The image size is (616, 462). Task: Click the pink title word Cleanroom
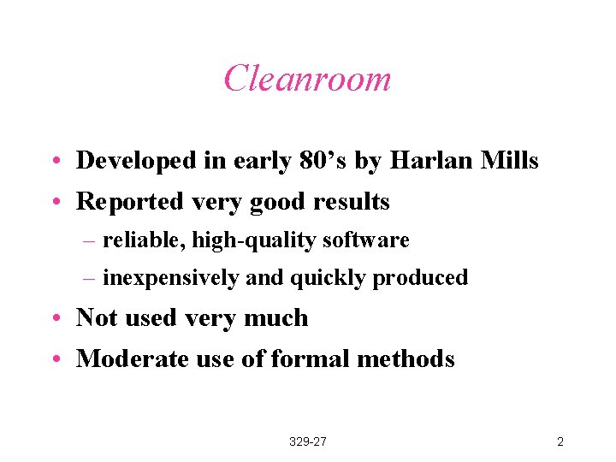point(307,79)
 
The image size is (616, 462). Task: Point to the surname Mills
point(511,160)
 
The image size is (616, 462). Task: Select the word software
point(366,241)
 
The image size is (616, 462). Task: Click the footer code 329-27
point(308,442)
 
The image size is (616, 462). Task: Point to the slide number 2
point(560,442)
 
